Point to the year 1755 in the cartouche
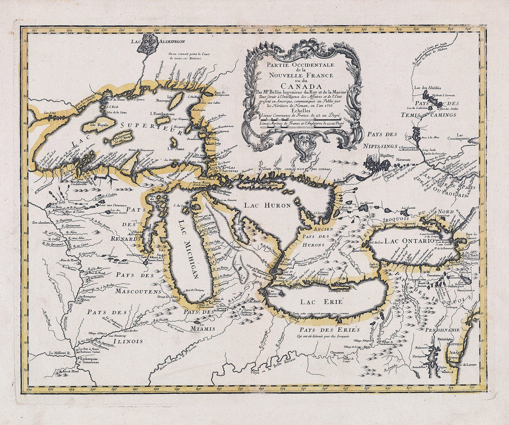coord(326,107)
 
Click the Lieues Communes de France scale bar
coord(302,120)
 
